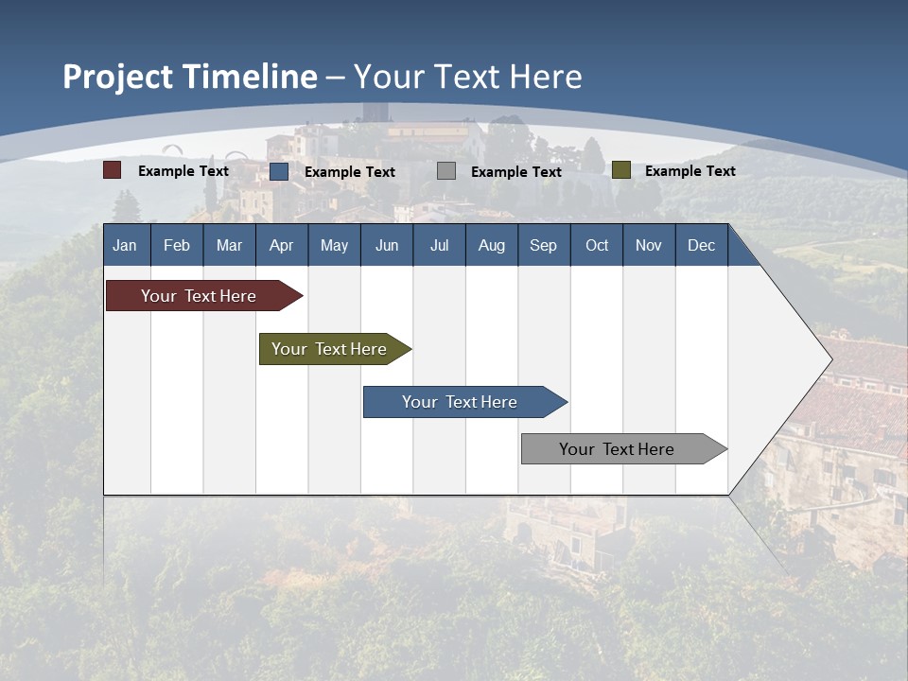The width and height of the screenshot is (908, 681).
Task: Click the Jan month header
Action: pos(126,245)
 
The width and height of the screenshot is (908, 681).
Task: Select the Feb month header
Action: pos(177,245)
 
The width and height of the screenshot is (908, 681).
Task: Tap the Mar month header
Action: pos(229,245)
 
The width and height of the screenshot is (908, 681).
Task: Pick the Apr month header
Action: pos(281,245)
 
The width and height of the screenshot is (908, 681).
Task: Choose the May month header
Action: pos(334,245)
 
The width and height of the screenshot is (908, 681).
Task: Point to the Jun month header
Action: pos(387,245)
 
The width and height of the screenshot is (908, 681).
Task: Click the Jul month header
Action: pos(439,245)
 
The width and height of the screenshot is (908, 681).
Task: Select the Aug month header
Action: pos(491,245)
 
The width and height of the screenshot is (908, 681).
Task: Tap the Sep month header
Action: pos(543,245)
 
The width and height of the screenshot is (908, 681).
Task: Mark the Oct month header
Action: pos(597,245)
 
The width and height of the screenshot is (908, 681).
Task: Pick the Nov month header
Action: pos(649,245)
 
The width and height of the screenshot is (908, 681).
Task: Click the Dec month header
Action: pos(701,245)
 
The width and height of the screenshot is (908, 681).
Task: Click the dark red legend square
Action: pos(113,170)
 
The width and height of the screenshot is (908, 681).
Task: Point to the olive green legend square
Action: pos(620,170)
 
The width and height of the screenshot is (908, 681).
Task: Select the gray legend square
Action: pos(446,171)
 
